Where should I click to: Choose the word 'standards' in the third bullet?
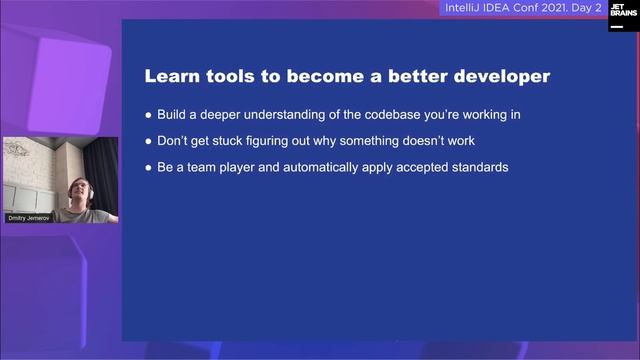(x=480, y=167)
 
